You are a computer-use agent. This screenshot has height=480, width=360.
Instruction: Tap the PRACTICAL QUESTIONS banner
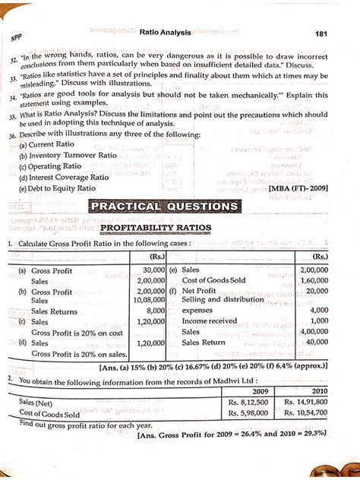163,206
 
